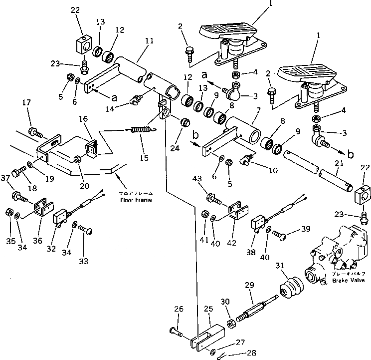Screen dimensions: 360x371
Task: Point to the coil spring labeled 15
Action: coord(142,129)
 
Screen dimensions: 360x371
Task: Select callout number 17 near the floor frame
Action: coord(26,103)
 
